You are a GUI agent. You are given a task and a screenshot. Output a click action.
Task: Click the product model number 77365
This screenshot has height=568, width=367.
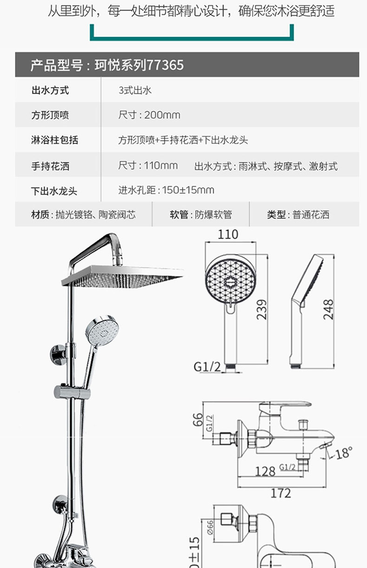pos(165,65)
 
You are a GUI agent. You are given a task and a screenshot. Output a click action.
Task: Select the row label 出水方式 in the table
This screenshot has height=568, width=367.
pos(50,91)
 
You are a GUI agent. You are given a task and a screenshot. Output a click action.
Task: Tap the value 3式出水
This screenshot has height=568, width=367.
pos(135,91)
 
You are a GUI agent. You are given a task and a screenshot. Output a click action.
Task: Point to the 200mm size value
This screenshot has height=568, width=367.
pos(162,115)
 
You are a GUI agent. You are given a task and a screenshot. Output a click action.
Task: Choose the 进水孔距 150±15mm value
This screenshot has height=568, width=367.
pos(166,190)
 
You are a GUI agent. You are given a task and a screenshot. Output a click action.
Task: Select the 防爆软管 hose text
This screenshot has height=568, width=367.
pos(214,215)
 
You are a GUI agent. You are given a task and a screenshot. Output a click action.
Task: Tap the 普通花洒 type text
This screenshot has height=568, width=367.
pos(311,215)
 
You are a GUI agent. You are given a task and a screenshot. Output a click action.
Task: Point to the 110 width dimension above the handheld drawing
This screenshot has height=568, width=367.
pos(228,235)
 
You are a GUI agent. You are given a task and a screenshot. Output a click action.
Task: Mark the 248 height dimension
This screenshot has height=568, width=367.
pos(328,309)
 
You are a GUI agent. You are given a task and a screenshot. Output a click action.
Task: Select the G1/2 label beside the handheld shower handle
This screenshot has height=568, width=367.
pos(207,367)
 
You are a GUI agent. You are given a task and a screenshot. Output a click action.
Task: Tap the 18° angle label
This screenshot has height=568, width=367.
pos(344,452)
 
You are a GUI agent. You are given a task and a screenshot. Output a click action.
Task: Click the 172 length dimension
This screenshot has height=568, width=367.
pos(281,493)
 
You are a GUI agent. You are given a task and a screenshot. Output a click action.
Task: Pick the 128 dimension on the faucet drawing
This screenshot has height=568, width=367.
pos(265,472)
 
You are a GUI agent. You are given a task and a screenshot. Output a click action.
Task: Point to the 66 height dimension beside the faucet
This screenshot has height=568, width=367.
pos(198,419)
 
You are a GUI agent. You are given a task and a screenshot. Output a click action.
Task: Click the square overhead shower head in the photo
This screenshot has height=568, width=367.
pos(122,276)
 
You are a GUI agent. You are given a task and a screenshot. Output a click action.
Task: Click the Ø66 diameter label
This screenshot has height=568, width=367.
pos(210,527)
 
